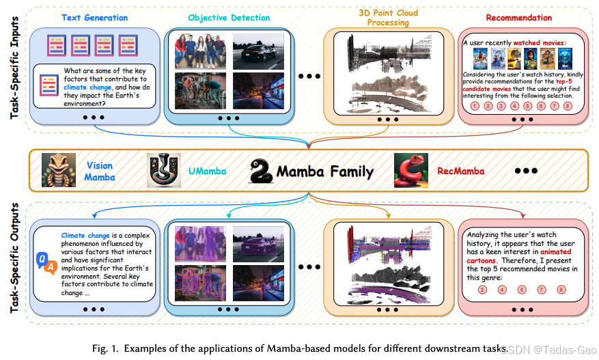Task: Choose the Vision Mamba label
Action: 100,171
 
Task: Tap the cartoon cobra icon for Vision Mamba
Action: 59,170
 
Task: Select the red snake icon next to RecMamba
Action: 410,170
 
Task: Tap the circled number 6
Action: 540,106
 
